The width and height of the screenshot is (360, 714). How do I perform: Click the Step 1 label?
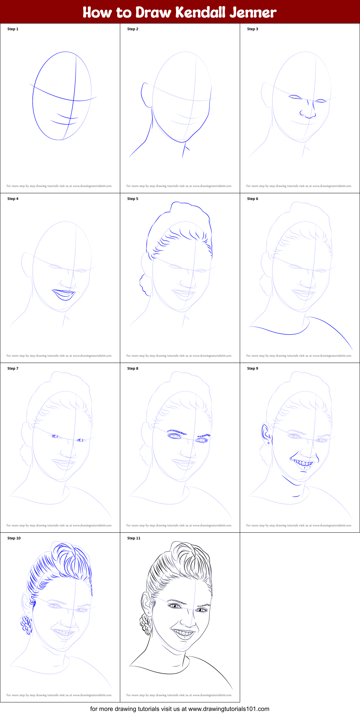click(13, 29)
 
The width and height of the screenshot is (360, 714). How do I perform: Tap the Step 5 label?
click(133, 199)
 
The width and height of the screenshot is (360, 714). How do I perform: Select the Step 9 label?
click(253, 368)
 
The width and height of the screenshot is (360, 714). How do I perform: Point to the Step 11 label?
click(134, 538)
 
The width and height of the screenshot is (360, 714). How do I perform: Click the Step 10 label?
click(14, 538)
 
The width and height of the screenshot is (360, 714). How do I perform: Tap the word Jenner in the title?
click(253, 13)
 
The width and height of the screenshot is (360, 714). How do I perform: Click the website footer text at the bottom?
click(180, 709)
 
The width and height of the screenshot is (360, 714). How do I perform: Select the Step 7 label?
click(13, 368)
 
